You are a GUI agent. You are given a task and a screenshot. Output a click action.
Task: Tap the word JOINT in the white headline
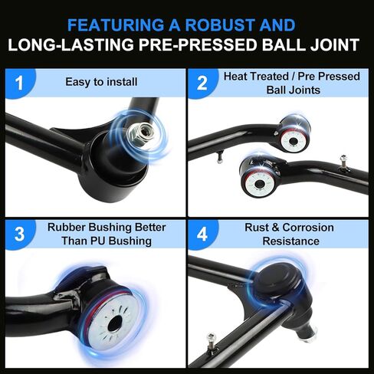[335, 44]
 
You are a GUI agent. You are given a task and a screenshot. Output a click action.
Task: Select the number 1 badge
[19, 83]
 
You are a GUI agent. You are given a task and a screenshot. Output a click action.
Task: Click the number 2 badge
[202, 83]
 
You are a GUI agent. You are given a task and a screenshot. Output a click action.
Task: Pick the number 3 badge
[19, 235]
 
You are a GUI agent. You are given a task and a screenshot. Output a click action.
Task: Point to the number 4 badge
[202, 235]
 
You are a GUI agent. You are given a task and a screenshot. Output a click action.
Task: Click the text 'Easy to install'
[101, 82]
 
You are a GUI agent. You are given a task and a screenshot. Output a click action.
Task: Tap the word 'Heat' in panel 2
[235, 77]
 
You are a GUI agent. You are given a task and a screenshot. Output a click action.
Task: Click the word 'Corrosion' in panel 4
[308, 228]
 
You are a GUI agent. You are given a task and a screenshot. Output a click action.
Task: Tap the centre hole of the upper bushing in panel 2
[293, 141]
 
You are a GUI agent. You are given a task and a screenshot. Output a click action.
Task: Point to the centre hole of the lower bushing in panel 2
[260, 184]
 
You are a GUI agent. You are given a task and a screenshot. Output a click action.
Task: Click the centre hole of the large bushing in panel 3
[115, 323]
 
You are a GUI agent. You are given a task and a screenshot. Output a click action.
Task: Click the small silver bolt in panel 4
[212, 343]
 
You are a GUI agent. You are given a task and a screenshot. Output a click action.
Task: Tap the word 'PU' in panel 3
[97, 241]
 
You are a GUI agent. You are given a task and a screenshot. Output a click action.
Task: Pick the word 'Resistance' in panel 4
[291, 241]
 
